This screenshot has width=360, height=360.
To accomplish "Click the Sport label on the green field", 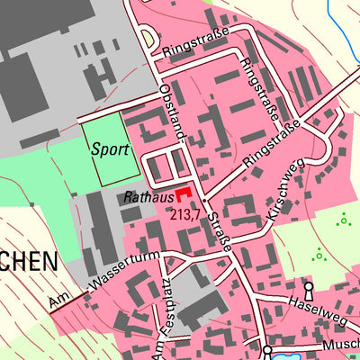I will click(x=109, y=151).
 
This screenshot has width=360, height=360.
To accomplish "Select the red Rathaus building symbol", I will click(x=184, y=193).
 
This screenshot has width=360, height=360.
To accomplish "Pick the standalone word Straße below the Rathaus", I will click(x=224, y=233).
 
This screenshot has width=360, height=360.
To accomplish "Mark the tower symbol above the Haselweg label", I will click(x=309, y=289).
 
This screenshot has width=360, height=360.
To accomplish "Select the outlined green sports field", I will click(x=111, y=152).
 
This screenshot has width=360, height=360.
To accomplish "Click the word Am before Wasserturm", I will click(x=61, y=301).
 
